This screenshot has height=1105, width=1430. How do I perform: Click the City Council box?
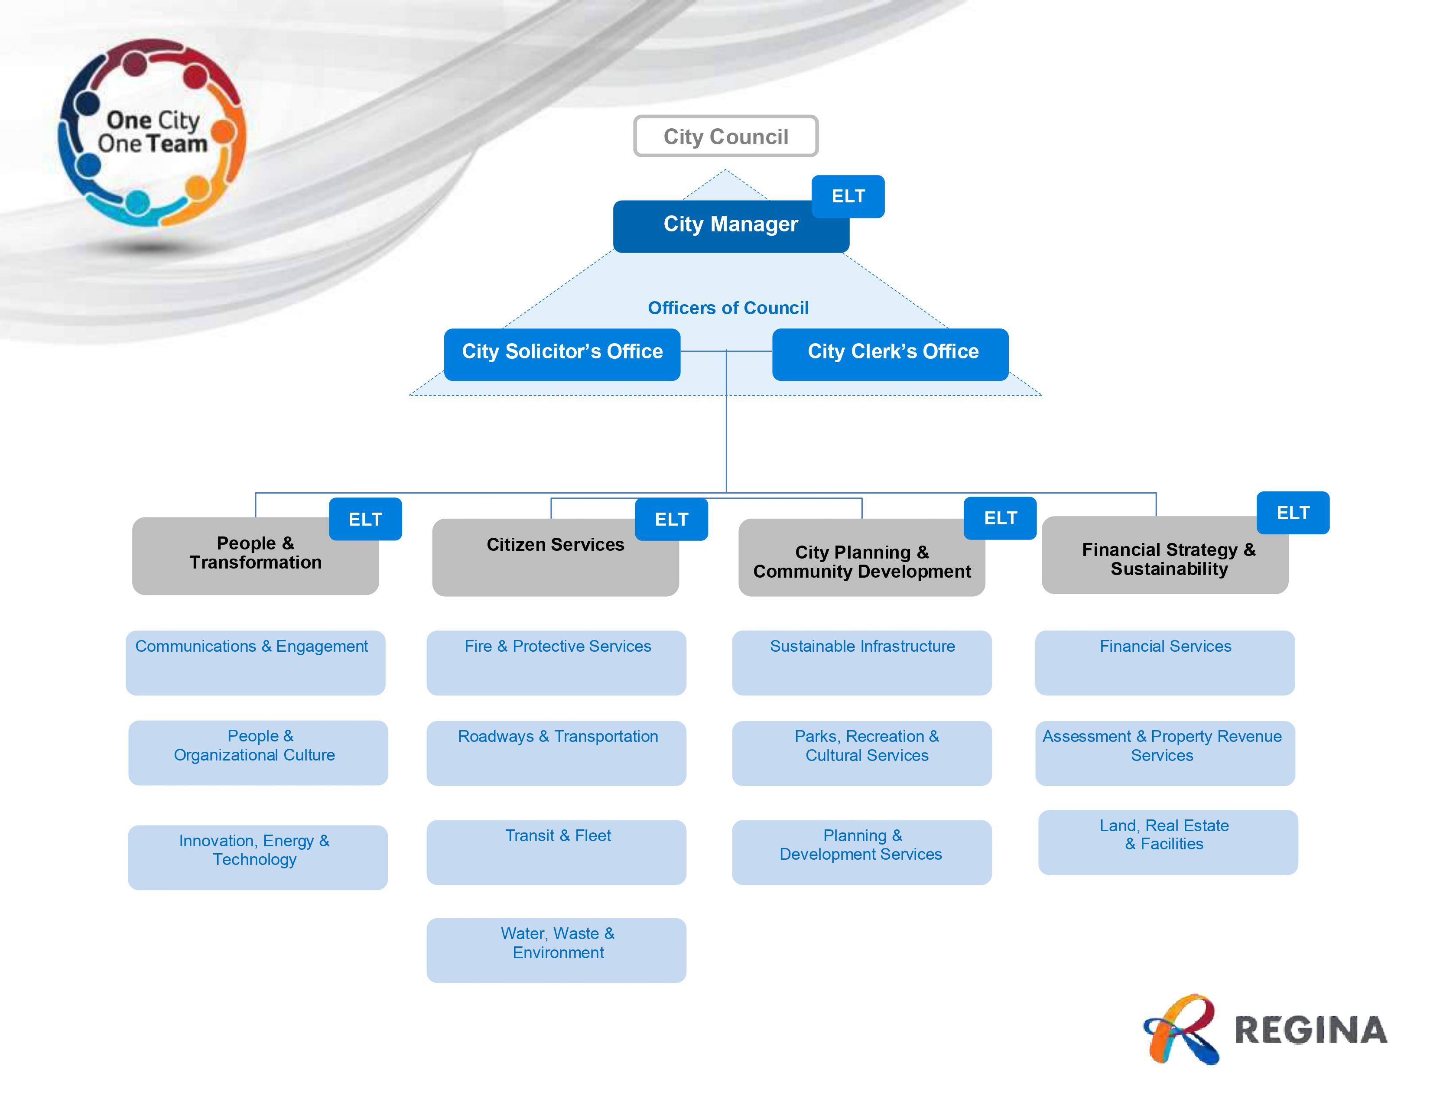pyautogui.click(x=725, y=136)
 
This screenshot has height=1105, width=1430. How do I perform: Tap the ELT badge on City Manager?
pyautogui.click(x=848, y=196)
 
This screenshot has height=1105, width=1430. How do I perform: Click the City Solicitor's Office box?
pyautogui.click(x=562, y=354)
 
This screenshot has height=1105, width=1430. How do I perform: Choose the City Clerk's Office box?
pyautogui.click(x=890, y=354)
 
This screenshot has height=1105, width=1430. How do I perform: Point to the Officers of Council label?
pyautogui.click(x=728, y=308)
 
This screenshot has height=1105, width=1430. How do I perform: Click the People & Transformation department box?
pyautogui.click(x=255, y=556)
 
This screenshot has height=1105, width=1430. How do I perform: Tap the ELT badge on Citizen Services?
pyautogui.click(x=671, y=519)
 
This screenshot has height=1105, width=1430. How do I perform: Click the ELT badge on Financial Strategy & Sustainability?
pyautogui.click(x=1293, y=513)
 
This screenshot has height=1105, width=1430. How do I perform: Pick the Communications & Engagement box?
pyautogui.click(x=255, y=663)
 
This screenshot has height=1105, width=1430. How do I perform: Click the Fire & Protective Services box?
pyautogui.click(x=556, y=663)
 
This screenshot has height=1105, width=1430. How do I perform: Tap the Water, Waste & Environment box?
pyautogui.click(x=556, y=950)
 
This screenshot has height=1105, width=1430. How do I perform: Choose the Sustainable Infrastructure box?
pyautogui.click(x=861, y=663)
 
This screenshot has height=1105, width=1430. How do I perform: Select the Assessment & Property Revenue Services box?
pyautogui.click(x=1165, y=753)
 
